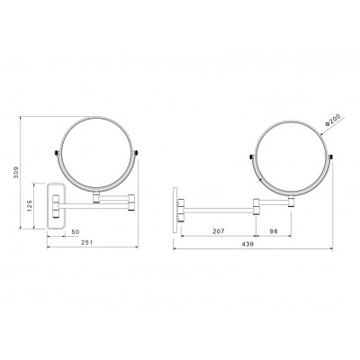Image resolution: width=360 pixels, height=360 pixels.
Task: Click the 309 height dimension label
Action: pos(16,172)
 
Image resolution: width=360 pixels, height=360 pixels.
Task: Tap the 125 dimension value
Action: pos(29,206)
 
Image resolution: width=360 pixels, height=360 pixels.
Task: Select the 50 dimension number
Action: pos(76,232)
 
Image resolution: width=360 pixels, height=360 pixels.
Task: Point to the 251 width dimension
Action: pos(87,242)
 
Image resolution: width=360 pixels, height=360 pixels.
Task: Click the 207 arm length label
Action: pos(219,231)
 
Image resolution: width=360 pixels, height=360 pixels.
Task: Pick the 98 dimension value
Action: pos(274,231)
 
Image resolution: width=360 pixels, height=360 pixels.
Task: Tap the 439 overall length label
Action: pos(247,244)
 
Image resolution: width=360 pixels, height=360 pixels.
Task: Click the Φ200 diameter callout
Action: pos(332,120)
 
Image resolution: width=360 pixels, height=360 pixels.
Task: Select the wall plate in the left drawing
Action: pos(57,206)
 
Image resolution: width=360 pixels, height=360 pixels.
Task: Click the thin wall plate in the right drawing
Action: pos(175,211)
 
